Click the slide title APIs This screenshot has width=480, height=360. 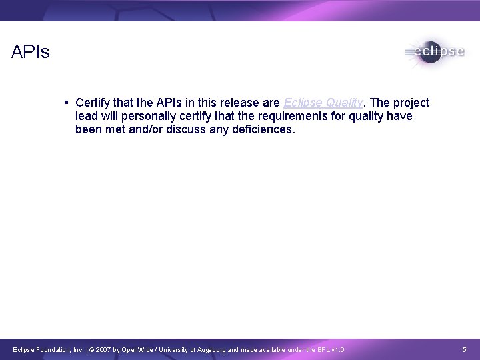click(x=31, y=52)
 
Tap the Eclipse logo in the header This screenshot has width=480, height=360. click(x=433, y=52)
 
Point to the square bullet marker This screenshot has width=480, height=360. click(x=67, y=103)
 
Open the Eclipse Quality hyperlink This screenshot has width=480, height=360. click(x=323, y=103)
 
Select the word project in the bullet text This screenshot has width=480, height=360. click(x=411, y=103)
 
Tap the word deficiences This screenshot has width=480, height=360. click(x=259, y=129)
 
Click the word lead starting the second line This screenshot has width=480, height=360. click(x=87, y=117)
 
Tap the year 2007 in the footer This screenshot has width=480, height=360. click(x=113, y=350)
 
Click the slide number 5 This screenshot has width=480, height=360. click(x=465, y=350)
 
